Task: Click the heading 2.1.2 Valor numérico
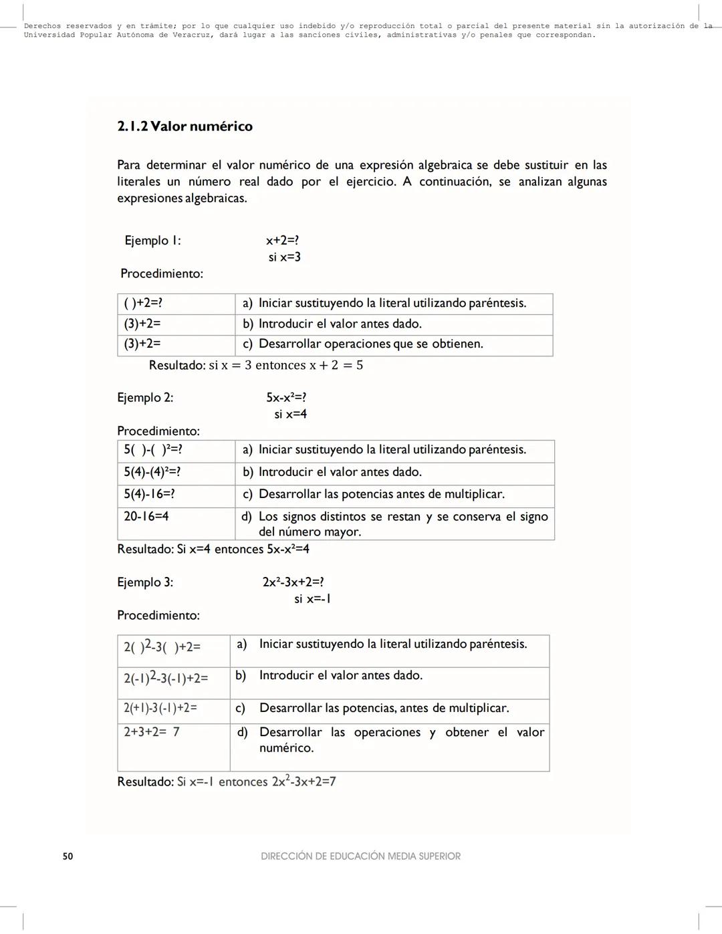coord(185,126)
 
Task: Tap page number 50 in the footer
coord(68,856)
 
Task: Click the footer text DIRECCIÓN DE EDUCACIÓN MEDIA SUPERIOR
coord(360,856)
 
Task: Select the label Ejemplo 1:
coord(152,241)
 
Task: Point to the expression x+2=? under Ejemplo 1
coord(282,241)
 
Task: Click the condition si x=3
coord(284,257)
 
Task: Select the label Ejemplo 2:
coord(145,398)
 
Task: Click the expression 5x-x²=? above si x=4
coord(286,398)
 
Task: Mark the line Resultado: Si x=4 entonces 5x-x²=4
coord(213,549)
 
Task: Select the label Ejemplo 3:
coord(145,582)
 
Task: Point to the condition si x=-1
coord(312,599)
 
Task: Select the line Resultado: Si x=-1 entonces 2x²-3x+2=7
coord(226,782)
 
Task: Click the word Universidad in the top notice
coord(49,35)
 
